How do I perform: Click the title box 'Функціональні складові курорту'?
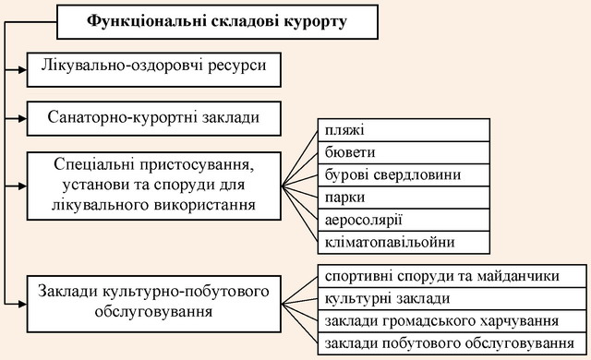coord(218,22)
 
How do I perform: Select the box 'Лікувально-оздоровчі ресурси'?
coord(154,69)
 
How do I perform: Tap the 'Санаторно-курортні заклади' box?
coord(154,118)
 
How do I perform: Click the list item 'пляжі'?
coord(404,130)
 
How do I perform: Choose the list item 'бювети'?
coord(404,152)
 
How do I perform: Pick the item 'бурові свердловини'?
coord(404,175)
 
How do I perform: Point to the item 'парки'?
coord(404,198)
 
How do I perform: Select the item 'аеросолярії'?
coord(404,220)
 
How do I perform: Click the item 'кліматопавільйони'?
coord(404,242)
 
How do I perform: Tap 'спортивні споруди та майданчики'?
coord(452,276)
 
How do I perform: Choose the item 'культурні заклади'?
coord(452,299)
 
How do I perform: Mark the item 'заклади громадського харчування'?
coord(452,321)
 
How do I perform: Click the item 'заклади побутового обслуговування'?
coord(452,343)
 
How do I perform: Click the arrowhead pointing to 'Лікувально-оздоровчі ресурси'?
coord(22,69)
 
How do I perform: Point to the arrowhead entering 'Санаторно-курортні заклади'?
coord(22,119)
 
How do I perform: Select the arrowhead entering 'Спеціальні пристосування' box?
coord(22,186)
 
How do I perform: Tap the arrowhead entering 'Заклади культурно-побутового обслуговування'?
coord(22,304)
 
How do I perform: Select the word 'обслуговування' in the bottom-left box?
coord(154,312)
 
